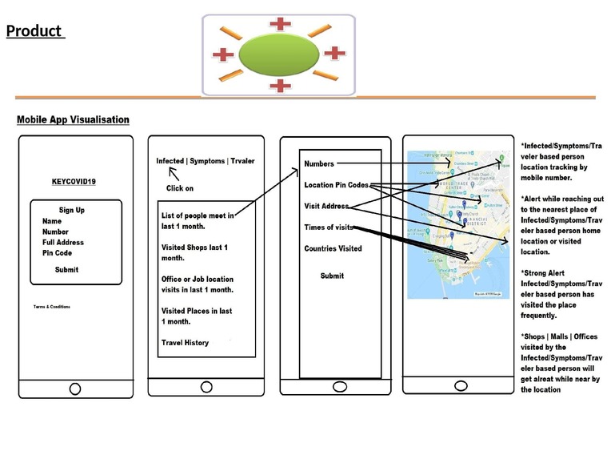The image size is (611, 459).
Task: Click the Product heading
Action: [34, 31]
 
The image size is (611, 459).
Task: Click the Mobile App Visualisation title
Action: [73, 120]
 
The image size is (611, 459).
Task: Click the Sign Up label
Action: [72, 211]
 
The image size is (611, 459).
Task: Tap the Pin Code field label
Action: [58, 253]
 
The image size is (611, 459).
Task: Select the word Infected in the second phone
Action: [170, 161]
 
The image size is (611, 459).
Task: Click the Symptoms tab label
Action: [207, 161]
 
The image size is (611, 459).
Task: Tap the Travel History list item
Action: [185, 343]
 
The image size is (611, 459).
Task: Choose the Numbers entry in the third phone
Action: [319, 165]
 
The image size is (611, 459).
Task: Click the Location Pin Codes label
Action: [336, 185]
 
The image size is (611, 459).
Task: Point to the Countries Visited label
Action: [333, 248]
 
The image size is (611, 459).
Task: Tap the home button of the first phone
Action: [75, 389]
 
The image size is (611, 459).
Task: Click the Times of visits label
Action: [329, 227]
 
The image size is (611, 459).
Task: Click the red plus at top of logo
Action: [280, 23]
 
